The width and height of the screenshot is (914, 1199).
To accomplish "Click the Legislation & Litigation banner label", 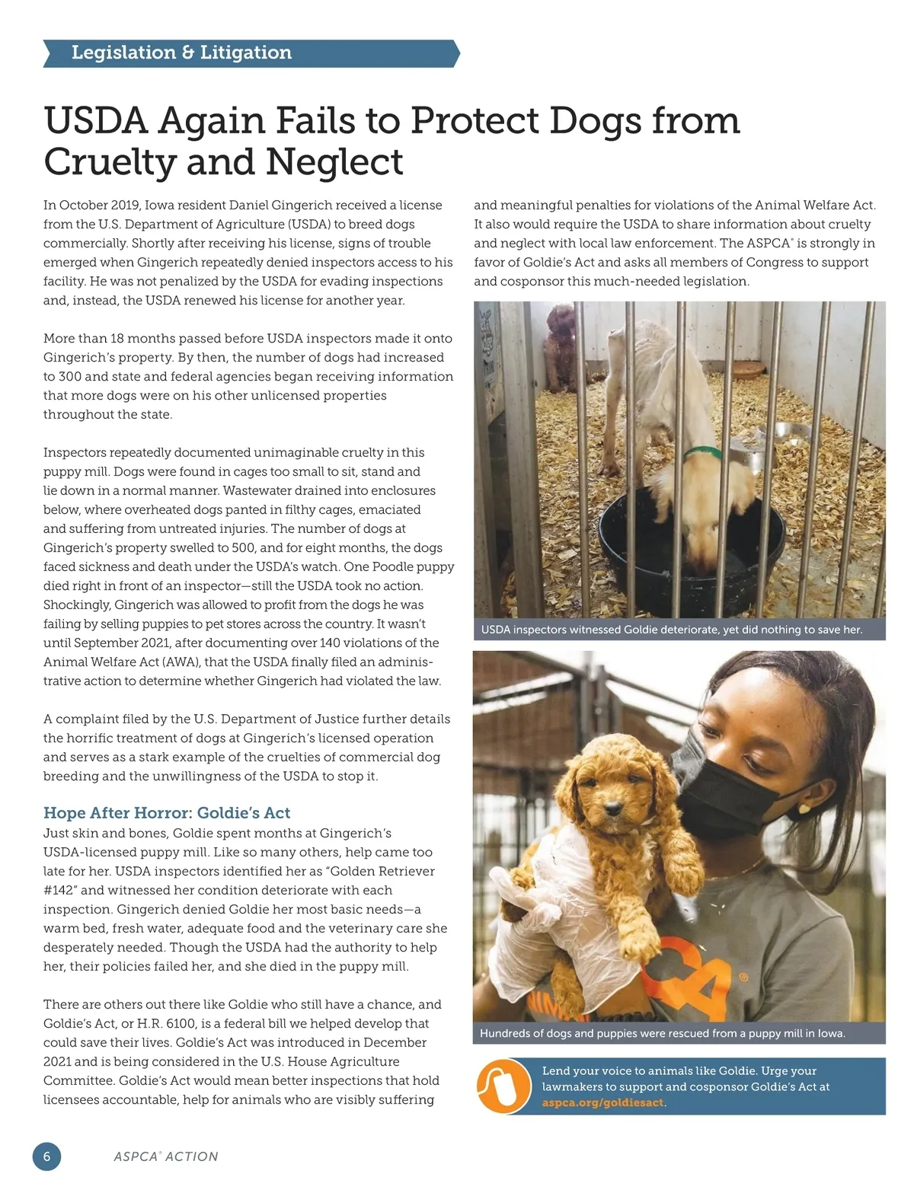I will click(x=181, y=53).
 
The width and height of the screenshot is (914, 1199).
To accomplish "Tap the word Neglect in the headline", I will click(x=334, y=161).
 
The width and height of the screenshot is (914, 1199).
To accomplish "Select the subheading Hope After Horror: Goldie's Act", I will click(x=167, y=812).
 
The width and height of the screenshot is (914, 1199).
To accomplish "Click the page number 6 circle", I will click(x=46, y=1156).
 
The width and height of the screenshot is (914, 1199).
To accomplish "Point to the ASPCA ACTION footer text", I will click(x=166, y=1156).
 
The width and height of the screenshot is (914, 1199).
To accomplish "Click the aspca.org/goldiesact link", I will click(x=602, y=1102).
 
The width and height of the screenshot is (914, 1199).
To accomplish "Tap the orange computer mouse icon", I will click(x=503, y=1086).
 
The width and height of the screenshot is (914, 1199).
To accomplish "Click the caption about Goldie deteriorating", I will click(x=671, y=630).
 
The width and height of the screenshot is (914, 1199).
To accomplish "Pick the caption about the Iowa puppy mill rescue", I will click(x=662, y=1033).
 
